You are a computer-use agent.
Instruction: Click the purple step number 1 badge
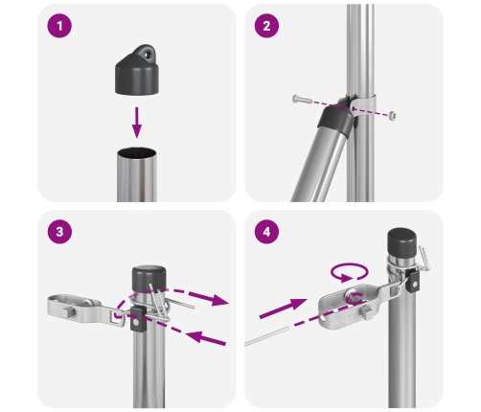coord(62,27)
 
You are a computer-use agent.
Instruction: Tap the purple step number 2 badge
coord(269,27)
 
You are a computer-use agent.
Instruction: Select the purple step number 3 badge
coord(62,234)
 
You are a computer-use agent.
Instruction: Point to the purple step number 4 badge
coord(269,234)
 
